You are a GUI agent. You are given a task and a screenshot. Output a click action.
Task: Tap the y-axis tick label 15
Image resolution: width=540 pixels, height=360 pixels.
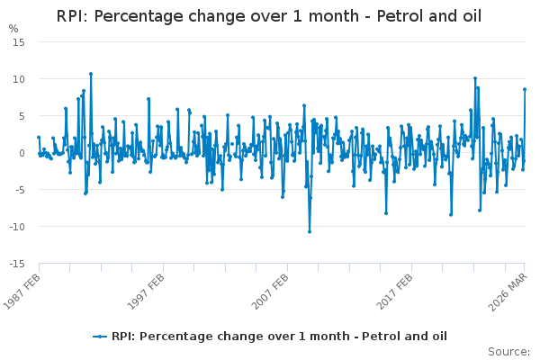(19, 42)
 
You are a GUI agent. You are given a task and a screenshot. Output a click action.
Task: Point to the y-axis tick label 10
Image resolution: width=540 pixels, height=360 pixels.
(19, 79)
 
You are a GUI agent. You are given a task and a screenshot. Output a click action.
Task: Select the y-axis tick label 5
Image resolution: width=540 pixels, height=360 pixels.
(22, 116)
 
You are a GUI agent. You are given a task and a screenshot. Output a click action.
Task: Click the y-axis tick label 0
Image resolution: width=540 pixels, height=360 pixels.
(22, 153)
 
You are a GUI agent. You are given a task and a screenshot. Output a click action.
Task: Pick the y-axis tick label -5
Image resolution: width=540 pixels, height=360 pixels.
(20, 190)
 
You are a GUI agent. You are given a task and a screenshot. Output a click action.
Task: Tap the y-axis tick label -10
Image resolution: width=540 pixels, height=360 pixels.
(17, 227)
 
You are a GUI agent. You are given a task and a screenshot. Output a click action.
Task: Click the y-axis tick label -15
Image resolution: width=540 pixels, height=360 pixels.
(17, 264)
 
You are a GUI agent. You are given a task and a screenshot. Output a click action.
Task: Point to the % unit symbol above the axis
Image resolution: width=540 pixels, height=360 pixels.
(13, 29)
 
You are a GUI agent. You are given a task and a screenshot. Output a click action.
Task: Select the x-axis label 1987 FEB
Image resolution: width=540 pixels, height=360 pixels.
(22, 292)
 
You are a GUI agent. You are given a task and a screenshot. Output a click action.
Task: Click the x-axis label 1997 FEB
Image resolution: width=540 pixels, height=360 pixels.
(146, 292)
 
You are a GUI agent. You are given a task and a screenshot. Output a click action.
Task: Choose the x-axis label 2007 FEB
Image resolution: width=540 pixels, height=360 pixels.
(270, 292)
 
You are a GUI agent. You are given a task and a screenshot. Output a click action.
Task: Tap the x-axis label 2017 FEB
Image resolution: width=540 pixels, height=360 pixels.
(394, 292)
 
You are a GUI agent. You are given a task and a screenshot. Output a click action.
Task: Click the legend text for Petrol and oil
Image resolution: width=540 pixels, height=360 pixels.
(279, 337)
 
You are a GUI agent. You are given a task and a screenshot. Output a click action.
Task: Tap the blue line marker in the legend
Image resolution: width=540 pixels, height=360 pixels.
(100, 337)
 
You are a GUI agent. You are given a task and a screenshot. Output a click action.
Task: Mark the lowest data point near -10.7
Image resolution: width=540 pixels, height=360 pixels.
(310, 232)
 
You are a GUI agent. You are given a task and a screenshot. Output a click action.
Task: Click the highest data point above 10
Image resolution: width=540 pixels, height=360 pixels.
(91, 74)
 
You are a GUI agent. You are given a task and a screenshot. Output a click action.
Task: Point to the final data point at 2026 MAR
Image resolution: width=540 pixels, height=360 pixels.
(525, 89)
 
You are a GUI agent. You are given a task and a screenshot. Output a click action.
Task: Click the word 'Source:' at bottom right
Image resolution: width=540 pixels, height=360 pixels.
(508, 352)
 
